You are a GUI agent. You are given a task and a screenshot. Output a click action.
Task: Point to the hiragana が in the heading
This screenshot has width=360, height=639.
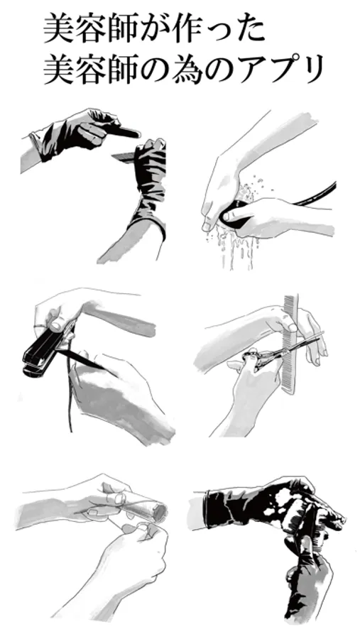tap(153, 29)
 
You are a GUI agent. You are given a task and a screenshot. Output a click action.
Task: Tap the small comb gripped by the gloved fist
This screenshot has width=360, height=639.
tap(123, 156)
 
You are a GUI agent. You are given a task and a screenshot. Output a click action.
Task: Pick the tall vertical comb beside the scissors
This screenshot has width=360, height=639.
tap(290, 344)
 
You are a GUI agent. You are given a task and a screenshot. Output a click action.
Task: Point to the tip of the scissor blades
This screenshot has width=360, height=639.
tap(323, 334)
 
